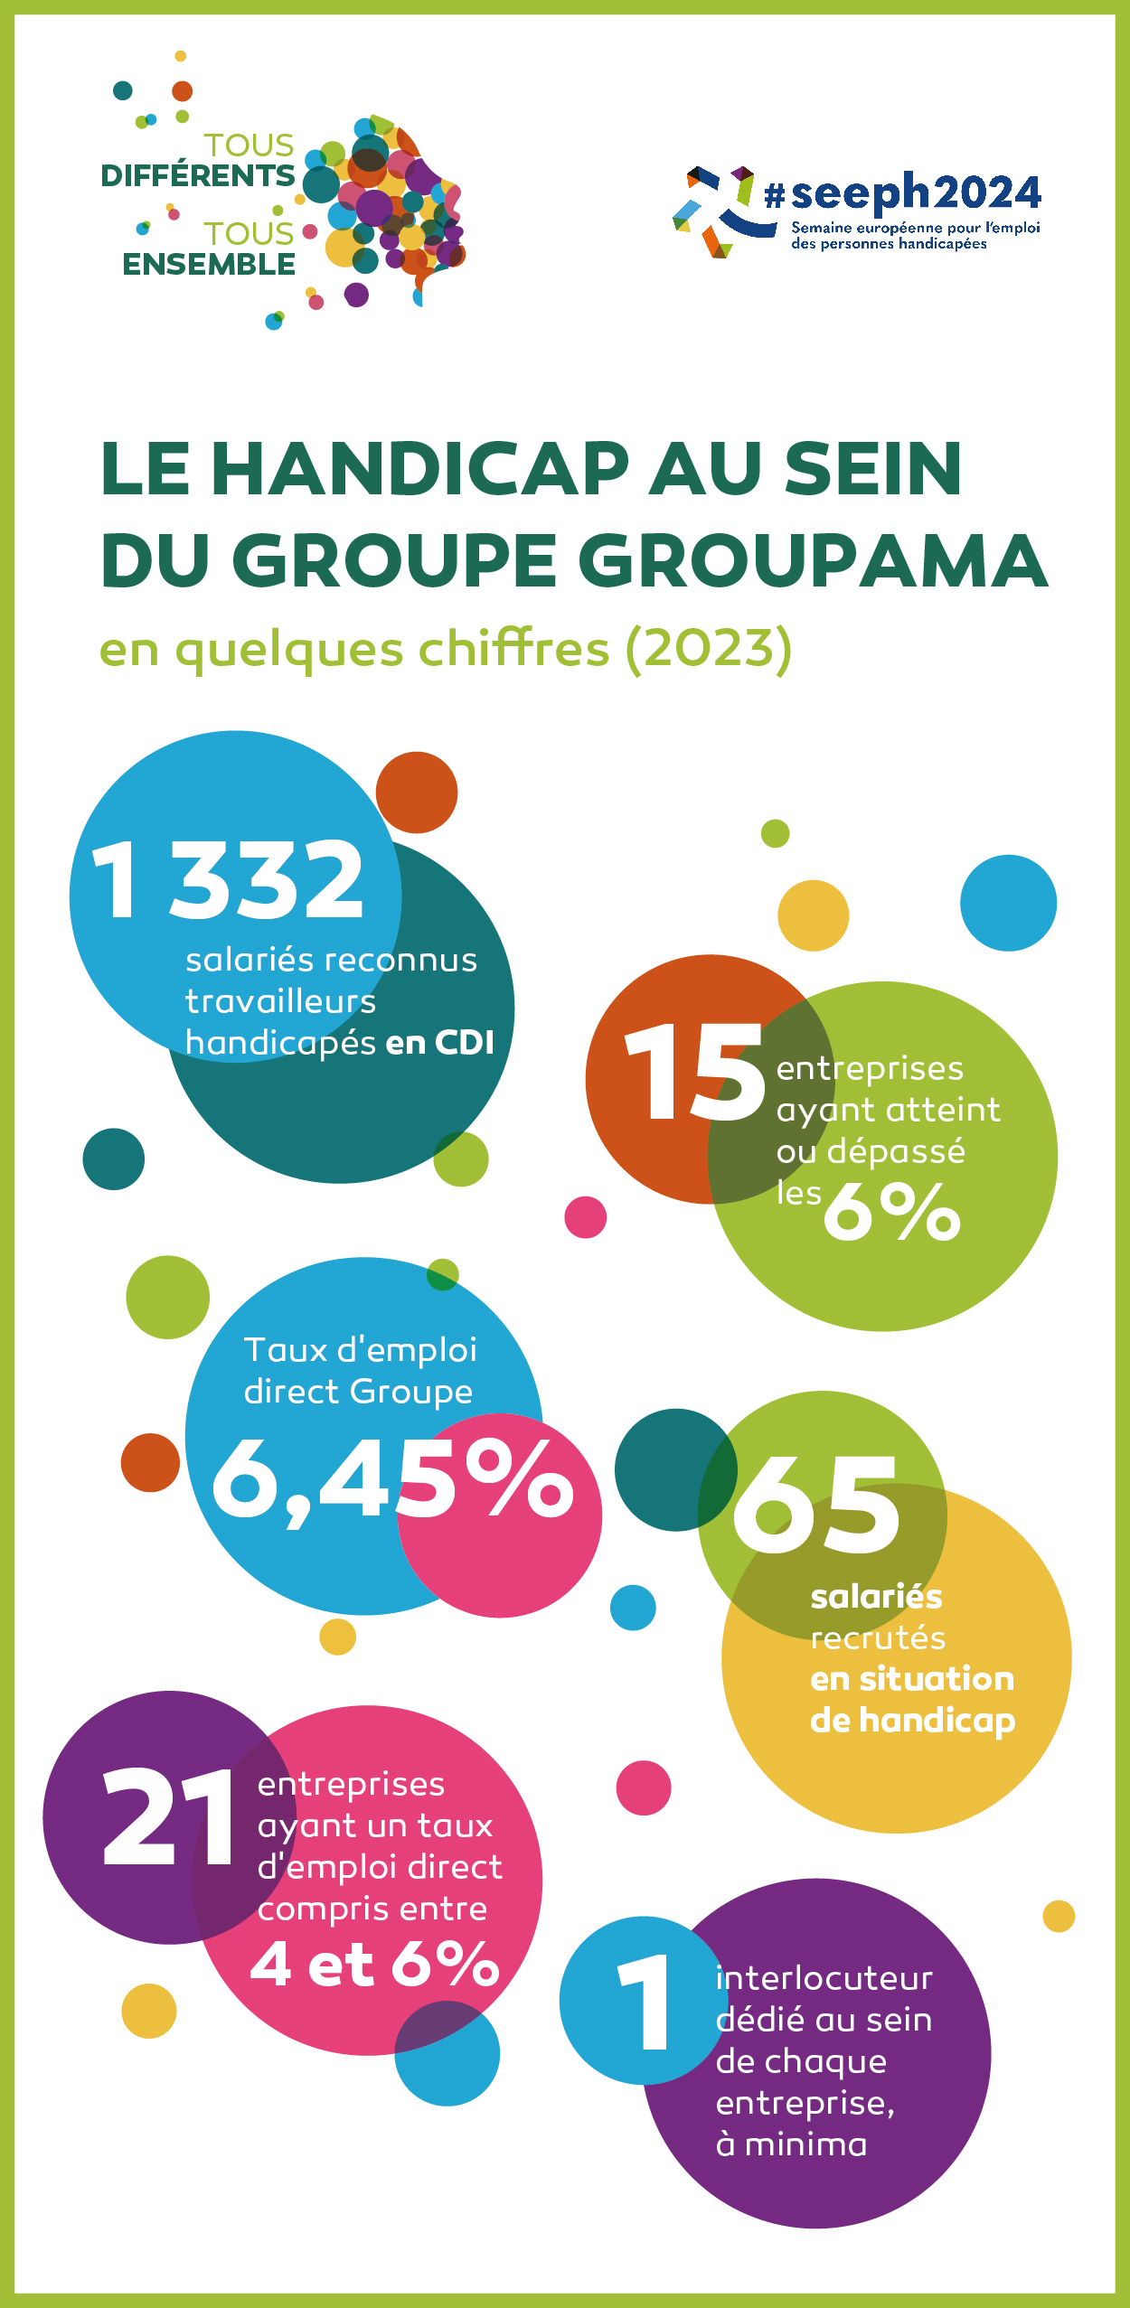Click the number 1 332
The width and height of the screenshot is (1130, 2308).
pyautogui.click(x=228, y=879)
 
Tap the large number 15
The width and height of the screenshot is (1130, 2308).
pyautogui.click(x=694, y=1073)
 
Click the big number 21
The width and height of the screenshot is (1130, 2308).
pyautogui.click(x=169, y=1819)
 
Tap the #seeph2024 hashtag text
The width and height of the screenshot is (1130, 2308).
pyautogui.click(x=902, y=192)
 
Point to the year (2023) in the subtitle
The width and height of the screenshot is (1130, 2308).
pyautogui.click(x=709, y=649)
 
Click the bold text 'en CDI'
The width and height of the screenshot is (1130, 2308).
pyautogui.click(x=439, y=1043)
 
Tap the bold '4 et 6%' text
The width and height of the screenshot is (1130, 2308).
pyautogui.click(x=374, y=1965)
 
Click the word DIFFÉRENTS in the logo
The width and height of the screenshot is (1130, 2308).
pyautogui.click(x=198, y=175)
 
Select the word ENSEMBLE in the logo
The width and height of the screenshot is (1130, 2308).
pyautogui.click(x=209, y=264)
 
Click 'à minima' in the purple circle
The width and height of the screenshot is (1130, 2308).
pyautogui.click(x=791, y=2144)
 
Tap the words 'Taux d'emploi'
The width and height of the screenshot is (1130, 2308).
pyautogui.click(x=360, y=1350)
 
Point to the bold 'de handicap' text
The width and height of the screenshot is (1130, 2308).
pyautogui.click(x=912, y=1721)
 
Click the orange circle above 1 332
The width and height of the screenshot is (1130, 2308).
pyautogui.click(x=417, y=793)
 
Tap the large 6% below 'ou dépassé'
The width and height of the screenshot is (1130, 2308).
pyautogui.click(x=891, y=1211)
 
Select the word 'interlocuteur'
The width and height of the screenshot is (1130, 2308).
pyautogui.click(x=824, y=1978)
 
